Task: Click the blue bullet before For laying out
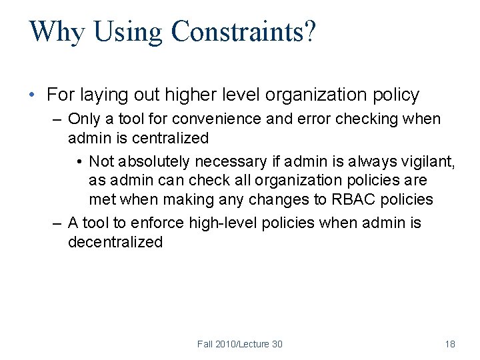click(33, 95)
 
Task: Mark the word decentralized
click(115, 242)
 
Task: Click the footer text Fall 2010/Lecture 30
click(240, 344)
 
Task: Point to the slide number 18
click(450, 344)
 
